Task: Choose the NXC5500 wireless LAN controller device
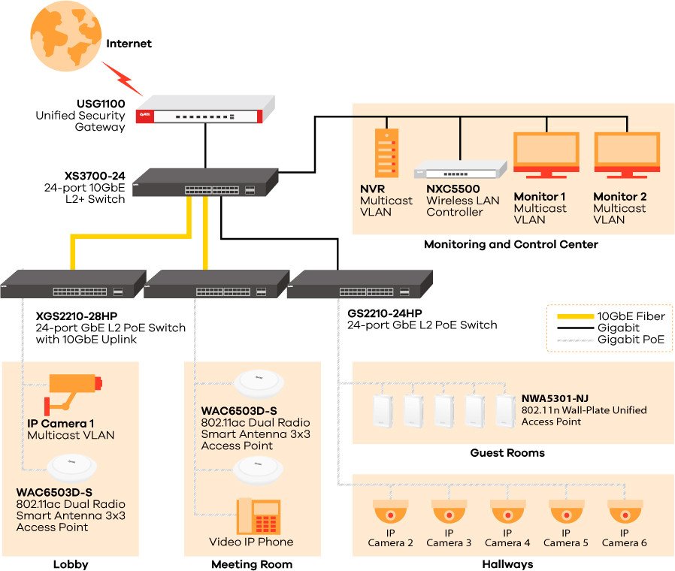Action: [x=461, y=169]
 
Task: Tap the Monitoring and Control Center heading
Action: [x=510, y=244]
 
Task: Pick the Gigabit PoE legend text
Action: [x=631, y=340]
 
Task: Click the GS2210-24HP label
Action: [x=384, y=313]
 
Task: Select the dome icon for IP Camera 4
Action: [x=507, y=512]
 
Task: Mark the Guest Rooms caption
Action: [x=507, y=453]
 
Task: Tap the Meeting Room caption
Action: [x=252, y=564]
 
